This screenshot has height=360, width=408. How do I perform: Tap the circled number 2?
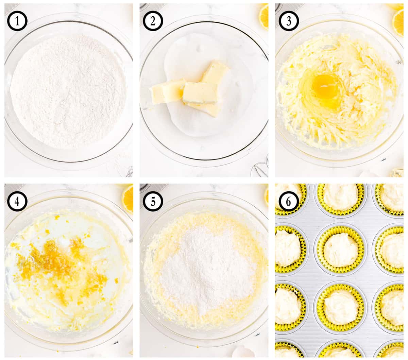(153, 21)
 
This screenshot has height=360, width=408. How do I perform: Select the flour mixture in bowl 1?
(68, 92)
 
